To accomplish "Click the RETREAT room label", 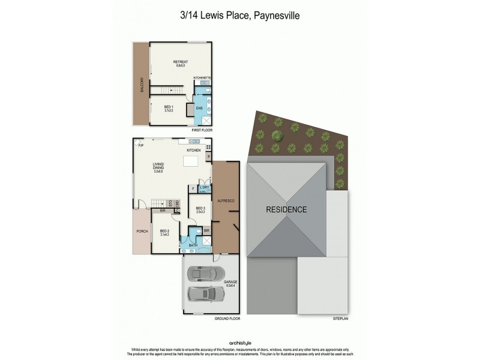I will (x=181, y=62).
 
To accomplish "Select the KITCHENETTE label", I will (x=202, y=78).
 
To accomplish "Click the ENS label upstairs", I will (x=199, y=108).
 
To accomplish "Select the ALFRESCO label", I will (x=226, y=200).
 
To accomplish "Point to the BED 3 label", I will (x=200, y=209).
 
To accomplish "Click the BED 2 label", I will (x=164, y=232).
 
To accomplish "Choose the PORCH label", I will (x=142, y=231).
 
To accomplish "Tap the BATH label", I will (x=193, y=245).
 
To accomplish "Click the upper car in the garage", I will (x=204, y=274).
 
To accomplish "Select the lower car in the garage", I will (x=204, y=293).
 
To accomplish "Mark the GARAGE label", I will (x=231, y=281).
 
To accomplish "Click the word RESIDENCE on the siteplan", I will (x=287, y=209).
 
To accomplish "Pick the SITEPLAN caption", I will (x=340, y=319).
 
